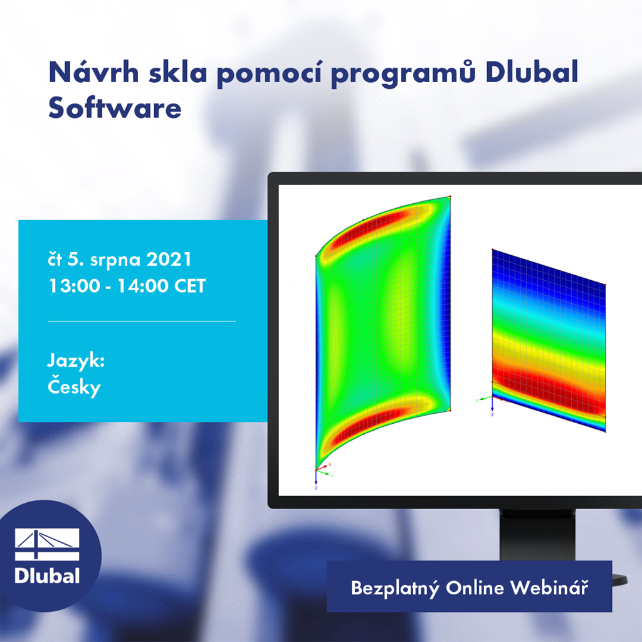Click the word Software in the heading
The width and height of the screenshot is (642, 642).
pyautogui.click(x=115, y=108)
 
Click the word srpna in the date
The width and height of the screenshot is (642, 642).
pyautogui.click(x=118, y=259)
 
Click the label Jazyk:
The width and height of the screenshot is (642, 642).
pyautogui.click(x=75, y=362)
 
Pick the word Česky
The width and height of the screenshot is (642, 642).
pyautogui.click(x=74, y=387)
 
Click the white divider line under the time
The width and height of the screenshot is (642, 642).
pyautogui.click(x=142, y=321)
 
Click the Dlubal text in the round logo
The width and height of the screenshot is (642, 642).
pyautogui.click(x=47, y=576)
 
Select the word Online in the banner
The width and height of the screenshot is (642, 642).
pyautogui.click(x=475, y=588)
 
